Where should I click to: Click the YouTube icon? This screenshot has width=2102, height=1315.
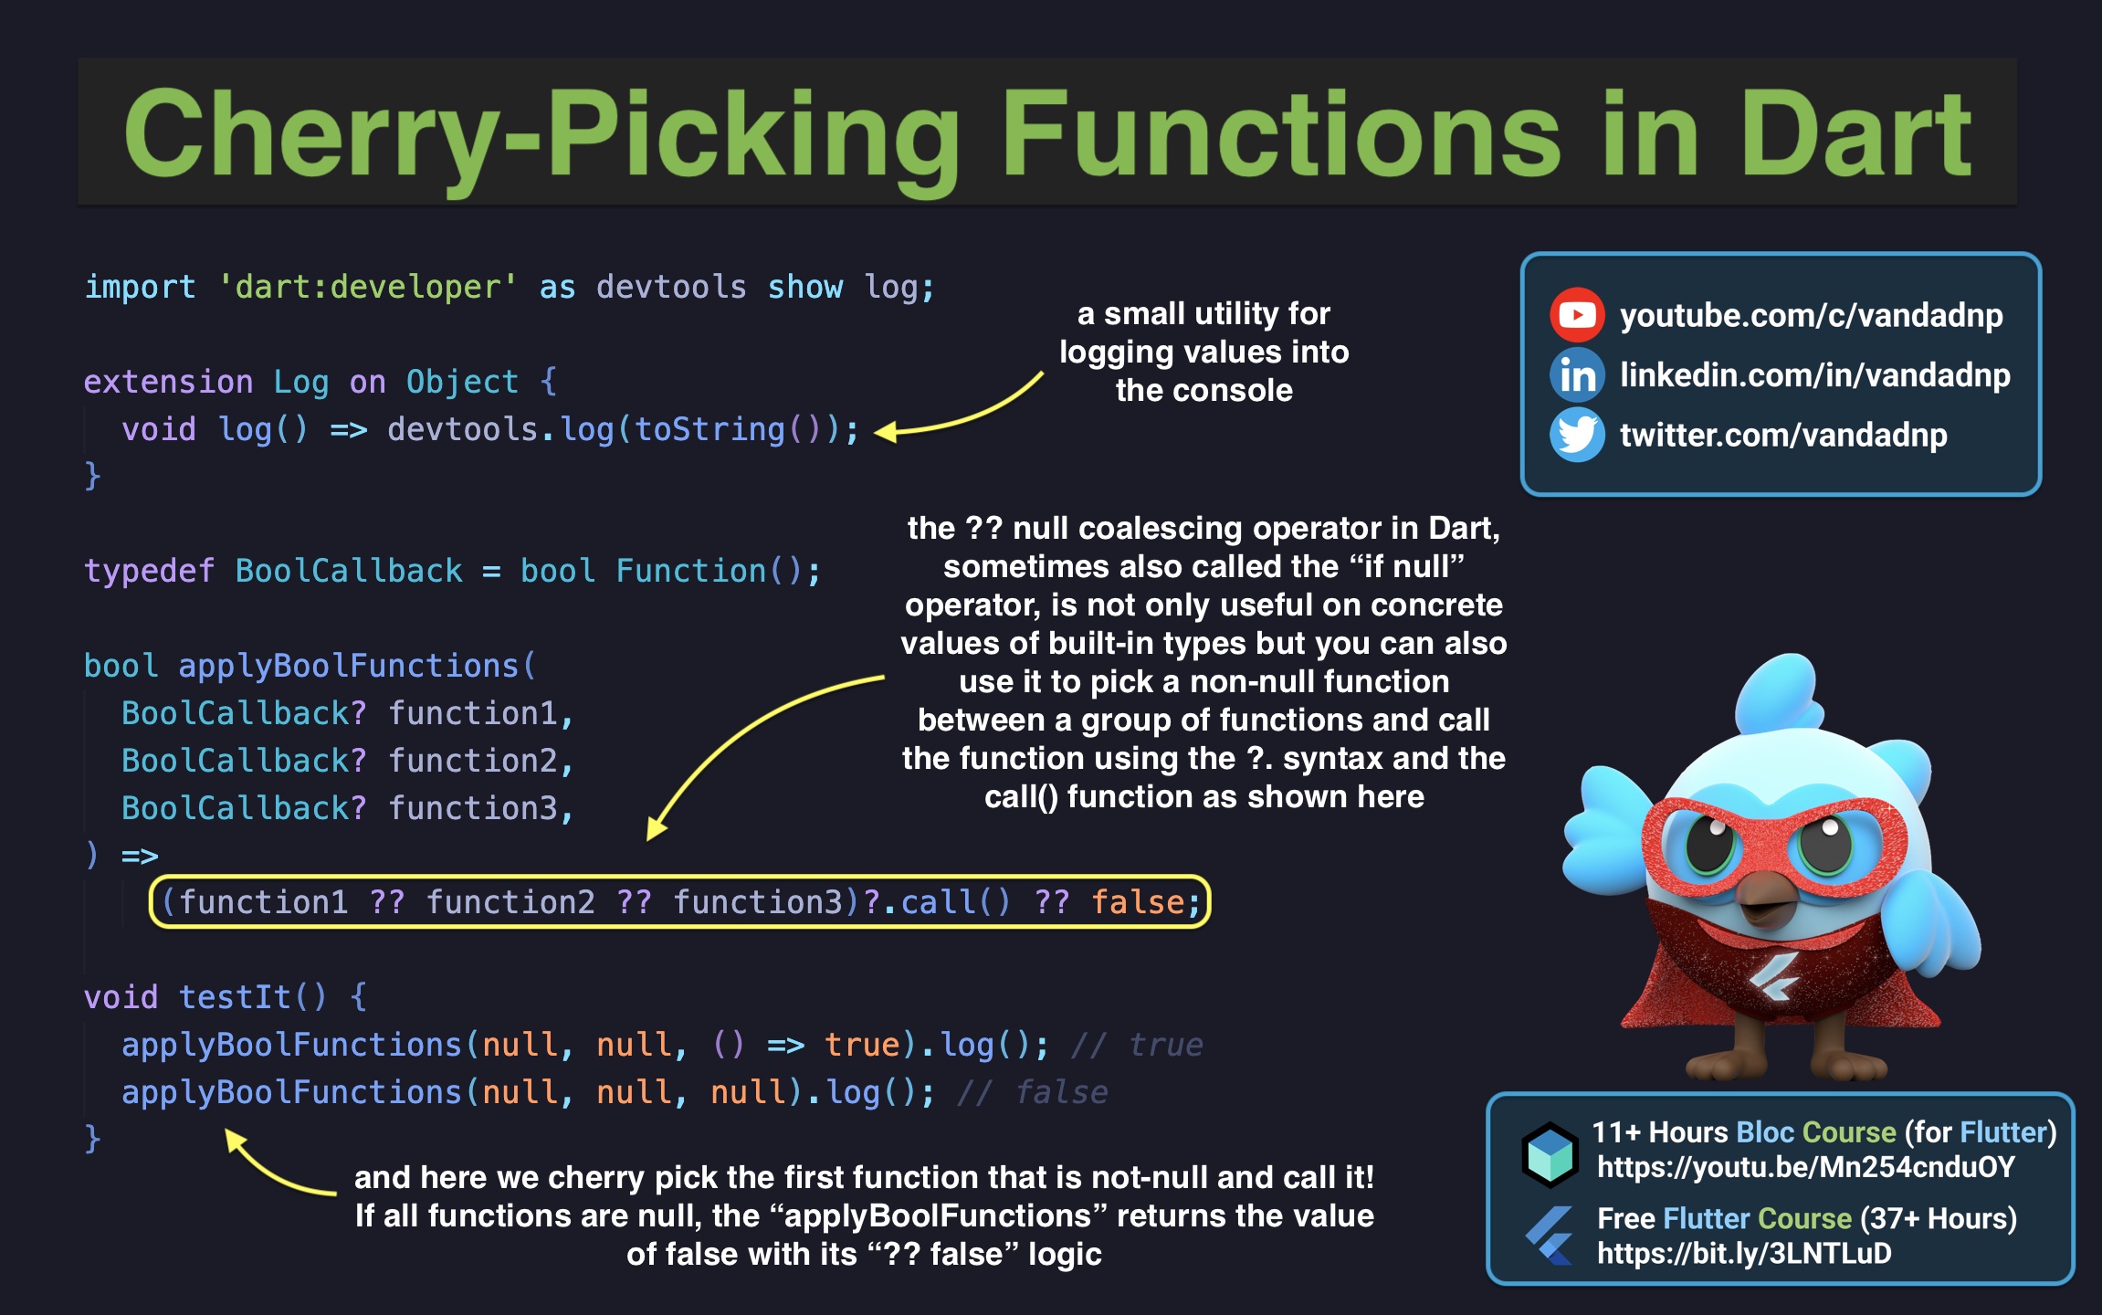coord(1576,315)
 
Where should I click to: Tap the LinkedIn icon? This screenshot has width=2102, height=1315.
coord(1576,375)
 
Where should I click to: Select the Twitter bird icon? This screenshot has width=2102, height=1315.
coord(1576,435)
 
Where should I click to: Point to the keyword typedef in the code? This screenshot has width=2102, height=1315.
coord(149,571)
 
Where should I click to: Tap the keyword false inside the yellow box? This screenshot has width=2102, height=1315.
coord(1138,902)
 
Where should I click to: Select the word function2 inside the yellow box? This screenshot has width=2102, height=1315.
coord(510,902)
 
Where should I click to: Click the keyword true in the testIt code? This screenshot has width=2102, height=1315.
coord(861,1045)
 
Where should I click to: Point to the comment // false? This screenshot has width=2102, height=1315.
coord(1032,1092)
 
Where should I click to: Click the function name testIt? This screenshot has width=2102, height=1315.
coord(235,997)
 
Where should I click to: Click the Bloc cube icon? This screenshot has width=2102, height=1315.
coord(1550,1153)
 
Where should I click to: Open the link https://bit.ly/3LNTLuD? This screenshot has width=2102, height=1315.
coord(1743,1254)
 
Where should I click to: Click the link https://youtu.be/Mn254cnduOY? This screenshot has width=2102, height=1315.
coord(1805,1167)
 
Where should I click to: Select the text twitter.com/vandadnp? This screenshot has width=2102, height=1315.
coord(1782,436)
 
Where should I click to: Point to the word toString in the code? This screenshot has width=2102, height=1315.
coord(709,429)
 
